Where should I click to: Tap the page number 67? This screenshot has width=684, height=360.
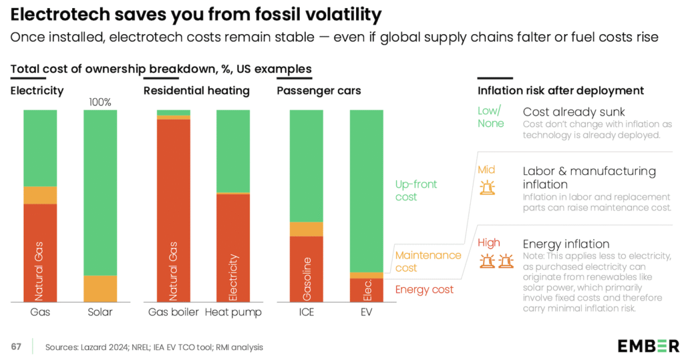pos(16,347)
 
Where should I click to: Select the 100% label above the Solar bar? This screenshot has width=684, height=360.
pos(100,102)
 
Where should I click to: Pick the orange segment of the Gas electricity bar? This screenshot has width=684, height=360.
pos(40,195)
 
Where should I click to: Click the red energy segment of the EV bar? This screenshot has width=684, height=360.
pos(367,290)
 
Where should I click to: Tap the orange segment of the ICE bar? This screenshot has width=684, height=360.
pos(306,229)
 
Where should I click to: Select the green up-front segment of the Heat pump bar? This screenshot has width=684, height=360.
pos(233,151)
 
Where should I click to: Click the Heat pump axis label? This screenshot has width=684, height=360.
pos(233,312)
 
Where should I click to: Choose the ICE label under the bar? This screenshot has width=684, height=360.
pos(306,312)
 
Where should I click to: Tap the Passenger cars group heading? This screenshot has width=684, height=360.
pos(319,91)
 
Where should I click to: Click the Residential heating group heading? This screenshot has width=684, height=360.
pos(196,91)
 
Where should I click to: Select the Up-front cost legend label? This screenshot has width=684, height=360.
pos(415,190)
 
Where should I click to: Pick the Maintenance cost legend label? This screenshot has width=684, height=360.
pos(428,261)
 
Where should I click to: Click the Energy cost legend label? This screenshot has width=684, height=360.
pos(424,289)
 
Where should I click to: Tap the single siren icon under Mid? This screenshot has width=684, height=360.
pos(487,187)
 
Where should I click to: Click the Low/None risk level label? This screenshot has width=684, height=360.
pos(490,117)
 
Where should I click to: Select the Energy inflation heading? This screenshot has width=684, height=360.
pos(566,244)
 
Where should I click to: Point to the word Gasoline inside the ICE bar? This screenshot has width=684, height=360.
pos(306,277)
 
